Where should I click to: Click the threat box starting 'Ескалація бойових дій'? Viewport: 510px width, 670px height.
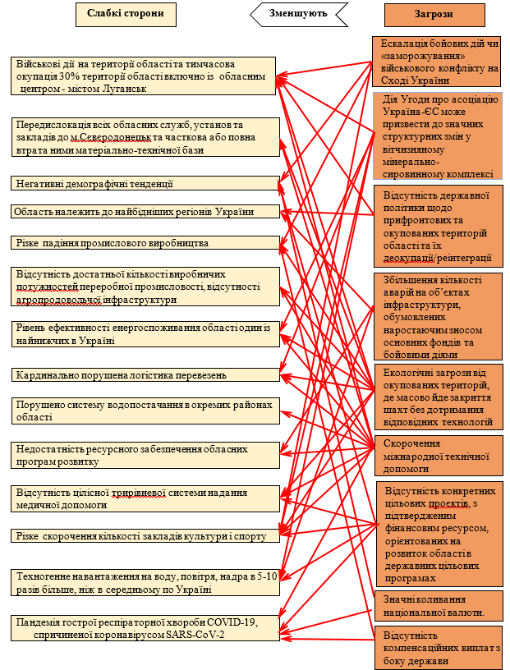click(x=435, y=62)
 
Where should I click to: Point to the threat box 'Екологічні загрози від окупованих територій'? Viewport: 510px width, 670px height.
click(x=435, y=397)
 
